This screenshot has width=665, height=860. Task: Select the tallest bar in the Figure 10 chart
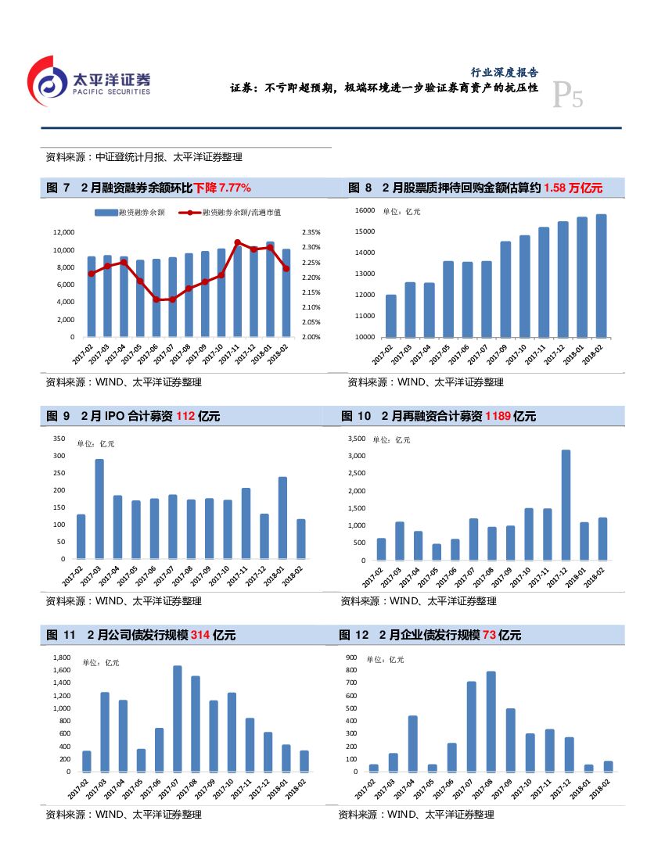click(566, 504)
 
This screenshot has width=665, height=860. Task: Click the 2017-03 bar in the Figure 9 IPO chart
click(99, 508)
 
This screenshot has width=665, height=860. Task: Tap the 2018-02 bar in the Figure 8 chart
click(600, 275)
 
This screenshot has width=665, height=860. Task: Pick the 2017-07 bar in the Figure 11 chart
click(177, 718)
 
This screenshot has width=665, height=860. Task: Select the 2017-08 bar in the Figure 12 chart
click(491, 720)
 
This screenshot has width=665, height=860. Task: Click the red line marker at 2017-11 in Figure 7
click(237, 242)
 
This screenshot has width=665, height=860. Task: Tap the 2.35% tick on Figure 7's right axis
click(311, 232)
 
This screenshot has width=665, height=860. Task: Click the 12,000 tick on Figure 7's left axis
click(63, 232)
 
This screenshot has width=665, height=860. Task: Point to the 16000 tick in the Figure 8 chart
click(365, 210)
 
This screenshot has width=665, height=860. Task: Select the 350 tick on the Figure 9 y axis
click(59, 439)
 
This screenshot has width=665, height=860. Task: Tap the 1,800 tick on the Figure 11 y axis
click(61, 658)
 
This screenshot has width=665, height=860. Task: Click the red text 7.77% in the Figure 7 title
click(233, 188)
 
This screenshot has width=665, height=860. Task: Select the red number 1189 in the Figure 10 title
click(498, 416)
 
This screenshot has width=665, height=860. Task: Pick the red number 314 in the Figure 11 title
click(199, 635)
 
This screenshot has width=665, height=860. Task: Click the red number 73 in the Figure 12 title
click(489, 635)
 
